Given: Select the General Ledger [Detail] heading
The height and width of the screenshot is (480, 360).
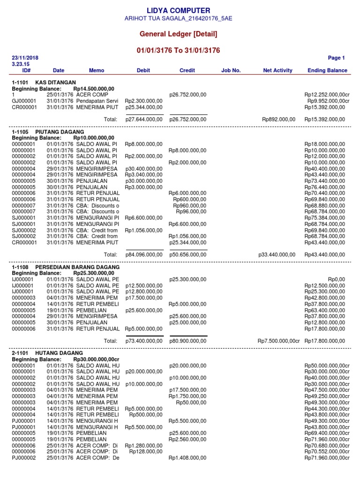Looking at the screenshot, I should coord(178,34).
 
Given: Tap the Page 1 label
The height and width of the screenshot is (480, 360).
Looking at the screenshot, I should coord(336,58).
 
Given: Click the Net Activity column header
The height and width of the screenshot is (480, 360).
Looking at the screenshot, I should coord(277,70).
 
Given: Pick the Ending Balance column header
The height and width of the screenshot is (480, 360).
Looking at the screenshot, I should coord(327,70).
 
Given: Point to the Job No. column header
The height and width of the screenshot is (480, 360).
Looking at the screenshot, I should coord(231,70).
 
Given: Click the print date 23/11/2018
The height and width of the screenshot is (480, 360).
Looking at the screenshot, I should coord(25,58).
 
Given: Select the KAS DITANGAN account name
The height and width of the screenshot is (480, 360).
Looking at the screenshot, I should coord(55,82).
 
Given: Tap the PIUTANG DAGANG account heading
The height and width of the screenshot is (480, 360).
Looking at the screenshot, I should coord(60,132).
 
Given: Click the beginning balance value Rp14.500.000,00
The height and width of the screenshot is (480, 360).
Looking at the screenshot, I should coord(94,89).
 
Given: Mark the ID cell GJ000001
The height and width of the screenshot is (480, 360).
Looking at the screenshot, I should coord(24,101).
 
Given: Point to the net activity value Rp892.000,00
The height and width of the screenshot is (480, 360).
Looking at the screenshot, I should coord(278,120).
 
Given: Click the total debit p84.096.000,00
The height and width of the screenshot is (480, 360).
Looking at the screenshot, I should coord(144,255).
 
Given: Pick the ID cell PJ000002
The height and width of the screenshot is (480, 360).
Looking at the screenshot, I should coord(24,457).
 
